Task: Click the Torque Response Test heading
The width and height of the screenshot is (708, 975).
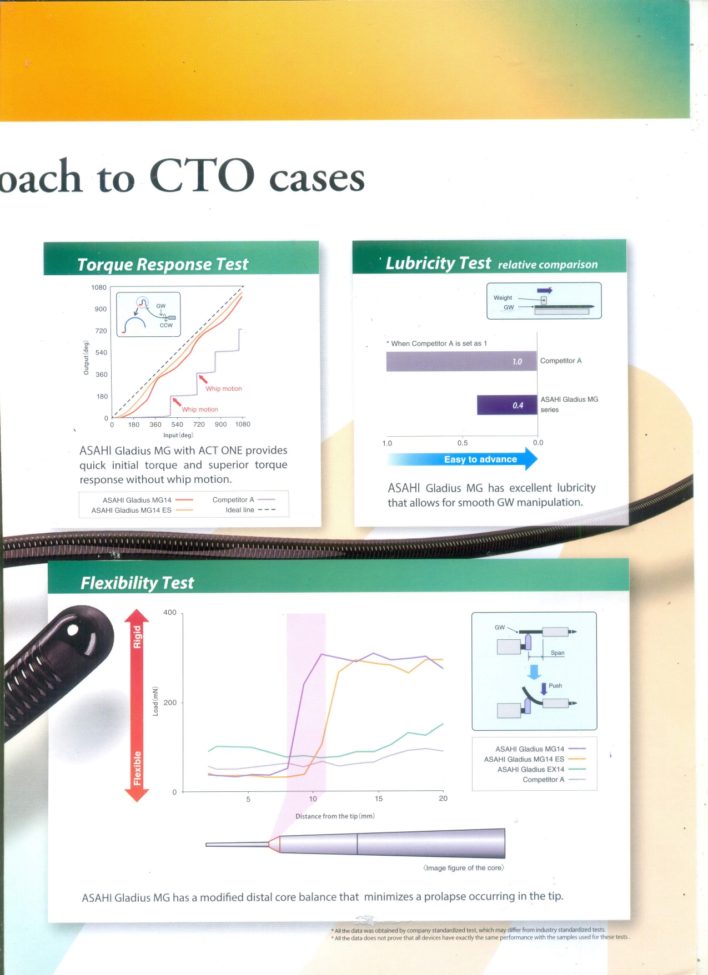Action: coord(163,264)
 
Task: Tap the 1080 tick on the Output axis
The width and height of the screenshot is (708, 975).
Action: coord(99,287)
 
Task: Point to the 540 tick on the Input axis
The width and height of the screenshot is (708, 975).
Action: coord(177,425)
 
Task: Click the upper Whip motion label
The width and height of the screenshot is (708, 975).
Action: coord(224,388)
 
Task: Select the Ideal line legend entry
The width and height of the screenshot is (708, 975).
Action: coord(250,510)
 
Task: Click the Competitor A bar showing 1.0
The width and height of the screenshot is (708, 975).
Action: coord(461,361)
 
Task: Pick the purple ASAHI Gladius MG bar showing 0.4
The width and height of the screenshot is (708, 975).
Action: coord(507,405)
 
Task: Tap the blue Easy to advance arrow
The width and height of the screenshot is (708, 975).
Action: coord(463,459)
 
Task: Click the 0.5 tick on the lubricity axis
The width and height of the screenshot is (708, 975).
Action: coord(463,443)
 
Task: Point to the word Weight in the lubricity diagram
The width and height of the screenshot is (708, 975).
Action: coord(503,297)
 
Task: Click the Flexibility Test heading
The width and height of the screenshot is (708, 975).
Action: coord(137,583)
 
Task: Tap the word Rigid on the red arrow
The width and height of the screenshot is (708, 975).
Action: coord(137,637)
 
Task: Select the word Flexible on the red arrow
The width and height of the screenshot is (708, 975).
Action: coord(137,769)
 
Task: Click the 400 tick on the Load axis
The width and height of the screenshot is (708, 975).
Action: coord(170,613)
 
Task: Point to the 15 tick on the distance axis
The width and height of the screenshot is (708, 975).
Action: coord(378,799)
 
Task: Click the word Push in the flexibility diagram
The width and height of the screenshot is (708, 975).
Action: coord(555,685)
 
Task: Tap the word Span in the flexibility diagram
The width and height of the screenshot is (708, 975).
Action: coord(558,653)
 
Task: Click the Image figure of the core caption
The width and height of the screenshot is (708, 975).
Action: coord(464,868)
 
